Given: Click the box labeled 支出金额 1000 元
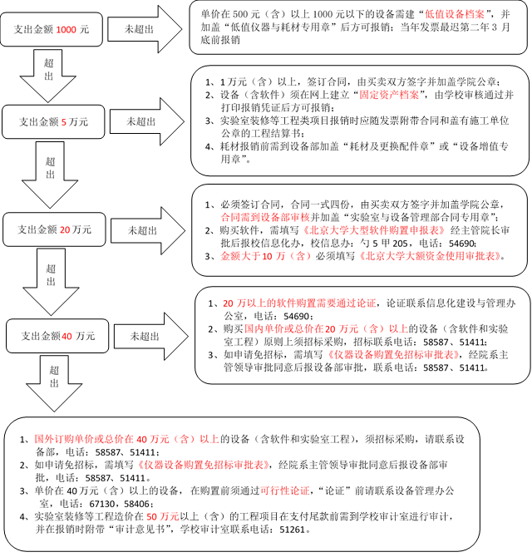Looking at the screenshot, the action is (52, 29).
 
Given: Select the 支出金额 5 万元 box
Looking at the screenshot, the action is (53, 122).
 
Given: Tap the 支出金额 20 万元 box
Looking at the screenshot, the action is (54, 229).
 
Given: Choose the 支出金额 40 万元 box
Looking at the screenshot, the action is (57, 336).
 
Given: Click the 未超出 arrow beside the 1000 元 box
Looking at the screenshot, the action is (145, 29).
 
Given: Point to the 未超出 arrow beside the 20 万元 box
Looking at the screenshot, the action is (148, 230).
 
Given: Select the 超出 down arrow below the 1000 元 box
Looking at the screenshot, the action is (48, 76).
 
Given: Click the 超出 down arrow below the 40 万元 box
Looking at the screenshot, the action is (54, 383).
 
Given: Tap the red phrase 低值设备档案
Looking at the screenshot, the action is (455, 14).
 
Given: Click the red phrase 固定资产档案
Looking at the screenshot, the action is (389, 95).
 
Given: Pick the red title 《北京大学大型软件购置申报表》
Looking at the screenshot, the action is (373, 230).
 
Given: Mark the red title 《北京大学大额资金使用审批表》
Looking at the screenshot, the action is (430, 256).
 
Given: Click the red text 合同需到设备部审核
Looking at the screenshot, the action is (266, 217).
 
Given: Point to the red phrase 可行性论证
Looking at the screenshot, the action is (285, 490).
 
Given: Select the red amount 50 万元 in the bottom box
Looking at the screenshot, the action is (163, 516).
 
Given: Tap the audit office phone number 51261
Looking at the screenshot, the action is (293, 530).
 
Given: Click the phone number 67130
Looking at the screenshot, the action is (102, 504).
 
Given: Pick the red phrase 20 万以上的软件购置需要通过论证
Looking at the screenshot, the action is (299, 303).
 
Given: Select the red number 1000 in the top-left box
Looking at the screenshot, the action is (66, 29).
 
